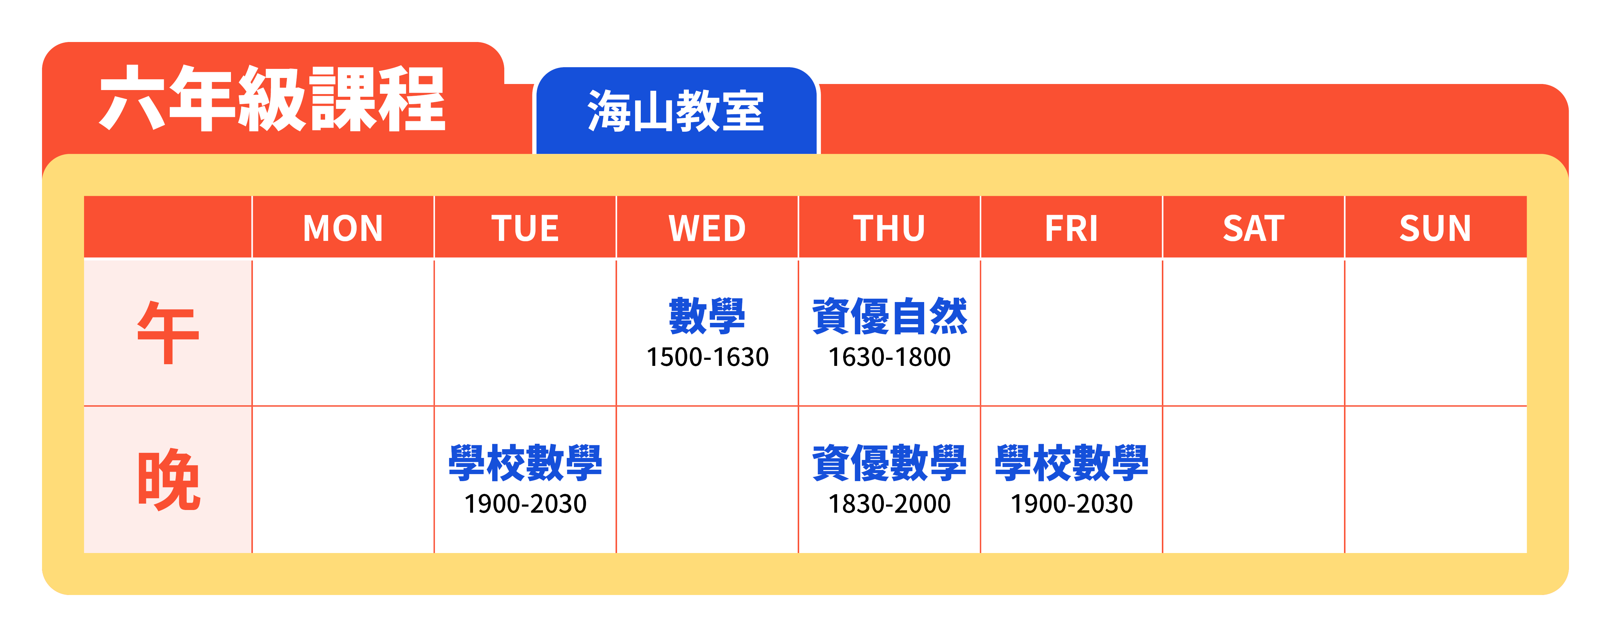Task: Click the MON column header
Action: coord(343,228)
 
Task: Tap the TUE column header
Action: coord(525,228)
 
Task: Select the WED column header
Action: coord(707,228)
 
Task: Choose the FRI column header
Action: coord(1071,228)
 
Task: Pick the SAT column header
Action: coord(1253,228)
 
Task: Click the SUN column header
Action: coord(1435,228)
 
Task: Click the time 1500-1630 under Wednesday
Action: coord(707,357)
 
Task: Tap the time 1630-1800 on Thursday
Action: coord(889,357)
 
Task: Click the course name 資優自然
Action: coord(889,316)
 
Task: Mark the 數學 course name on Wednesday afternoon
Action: coord(707,316)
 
